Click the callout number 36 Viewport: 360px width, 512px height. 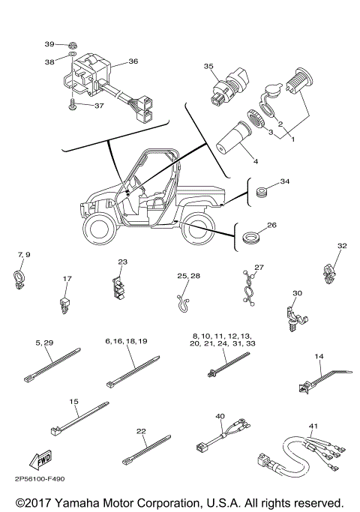(133, 61)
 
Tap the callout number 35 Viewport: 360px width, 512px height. (210, 67)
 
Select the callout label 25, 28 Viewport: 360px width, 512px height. (188, 277)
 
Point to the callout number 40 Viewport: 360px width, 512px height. (220, 415)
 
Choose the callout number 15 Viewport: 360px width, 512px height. (74, 402)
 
